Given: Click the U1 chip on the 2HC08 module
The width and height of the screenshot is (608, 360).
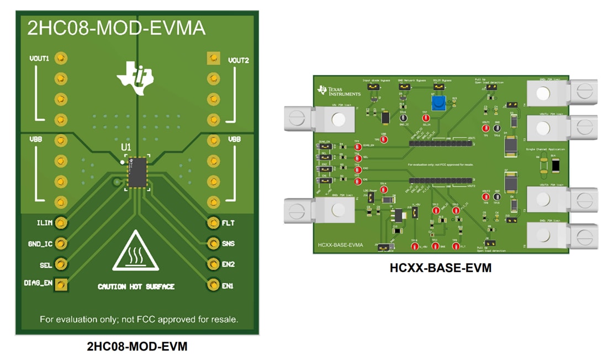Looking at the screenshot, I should [136, 172].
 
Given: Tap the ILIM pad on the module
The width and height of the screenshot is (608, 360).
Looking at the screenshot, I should [61, 223].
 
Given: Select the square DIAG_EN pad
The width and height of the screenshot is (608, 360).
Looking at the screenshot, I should [62, 284].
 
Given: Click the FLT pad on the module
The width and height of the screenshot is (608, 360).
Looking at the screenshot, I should [213, 223].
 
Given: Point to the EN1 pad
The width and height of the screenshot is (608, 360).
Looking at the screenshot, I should [213, 285].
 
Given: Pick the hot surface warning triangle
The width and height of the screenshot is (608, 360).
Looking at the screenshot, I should [136, 252].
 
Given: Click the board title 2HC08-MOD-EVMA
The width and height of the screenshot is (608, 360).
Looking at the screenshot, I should [117, 28].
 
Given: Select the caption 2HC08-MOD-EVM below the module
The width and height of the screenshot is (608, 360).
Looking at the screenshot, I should [137, 347].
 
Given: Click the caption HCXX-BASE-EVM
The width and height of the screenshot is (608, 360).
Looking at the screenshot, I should [440, 269].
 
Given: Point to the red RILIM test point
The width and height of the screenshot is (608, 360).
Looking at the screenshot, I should [425, 118].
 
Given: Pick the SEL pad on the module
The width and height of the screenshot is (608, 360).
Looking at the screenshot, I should [61, 264].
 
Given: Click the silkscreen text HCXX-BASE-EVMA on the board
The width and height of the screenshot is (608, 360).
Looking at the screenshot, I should [341, 243].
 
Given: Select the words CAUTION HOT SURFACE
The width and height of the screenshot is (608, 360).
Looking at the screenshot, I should [136, 287].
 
